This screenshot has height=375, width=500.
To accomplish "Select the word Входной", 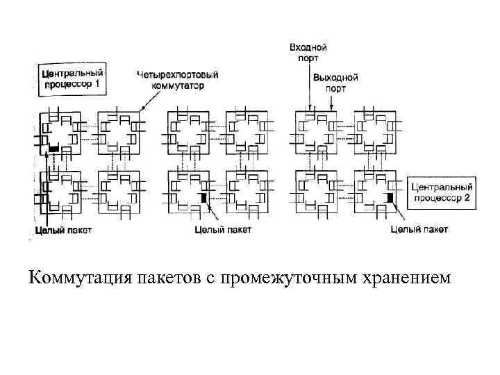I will [308, 48].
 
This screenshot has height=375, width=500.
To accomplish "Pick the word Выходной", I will [335, 78].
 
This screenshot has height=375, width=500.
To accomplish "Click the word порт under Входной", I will [308, 58].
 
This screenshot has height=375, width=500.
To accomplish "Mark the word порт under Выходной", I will [335, 88].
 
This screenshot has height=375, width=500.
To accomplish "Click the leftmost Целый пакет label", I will [62, 230].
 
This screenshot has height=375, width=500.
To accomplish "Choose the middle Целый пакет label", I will [224, 229].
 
